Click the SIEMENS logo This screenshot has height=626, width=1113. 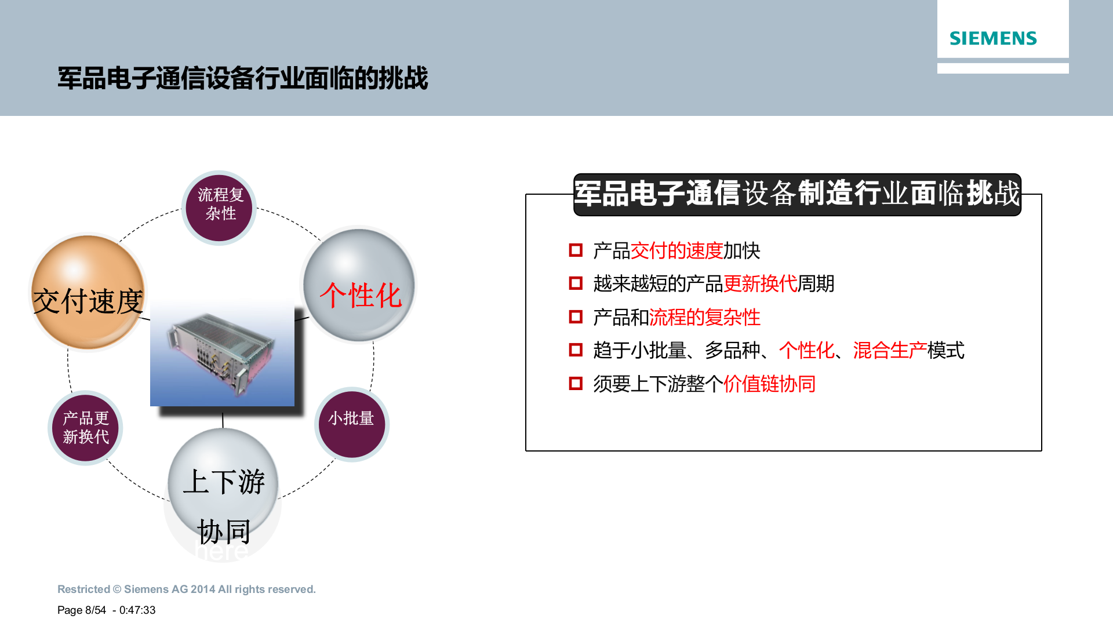click(992, 38)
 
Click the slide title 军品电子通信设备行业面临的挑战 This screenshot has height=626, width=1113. click(242, 78)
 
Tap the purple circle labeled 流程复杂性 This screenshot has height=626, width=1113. click(219, 207)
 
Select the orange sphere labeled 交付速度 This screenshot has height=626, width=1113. click(88, 293)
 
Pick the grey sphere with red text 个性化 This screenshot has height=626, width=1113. click(359, 285)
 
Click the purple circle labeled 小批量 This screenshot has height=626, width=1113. click(351, 424)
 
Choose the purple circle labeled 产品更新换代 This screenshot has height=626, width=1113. click(85, 428)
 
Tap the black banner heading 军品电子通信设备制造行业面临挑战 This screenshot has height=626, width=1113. click(797, 194)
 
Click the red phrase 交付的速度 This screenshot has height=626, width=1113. click(676, 251)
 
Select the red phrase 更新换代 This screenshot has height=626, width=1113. click(760, 284)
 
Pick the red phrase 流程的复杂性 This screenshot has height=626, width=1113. click(704, 318)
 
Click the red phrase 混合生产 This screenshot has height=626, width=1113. click(889, 351)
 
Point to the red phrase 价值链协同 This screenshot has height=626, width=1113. click(769, 384)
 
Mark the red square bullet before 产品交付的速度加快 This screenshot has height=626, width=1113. click(576, 250)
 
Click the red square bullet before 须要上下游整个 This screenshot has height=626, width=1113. click(576, 383)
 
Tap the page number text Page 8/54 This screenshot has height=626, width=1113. click(82, 610)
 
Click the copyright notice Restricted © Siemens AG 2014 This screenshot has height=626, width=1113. click(186, 589)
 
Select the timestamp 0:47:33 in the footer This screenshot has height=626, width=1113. click(137, 610)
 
